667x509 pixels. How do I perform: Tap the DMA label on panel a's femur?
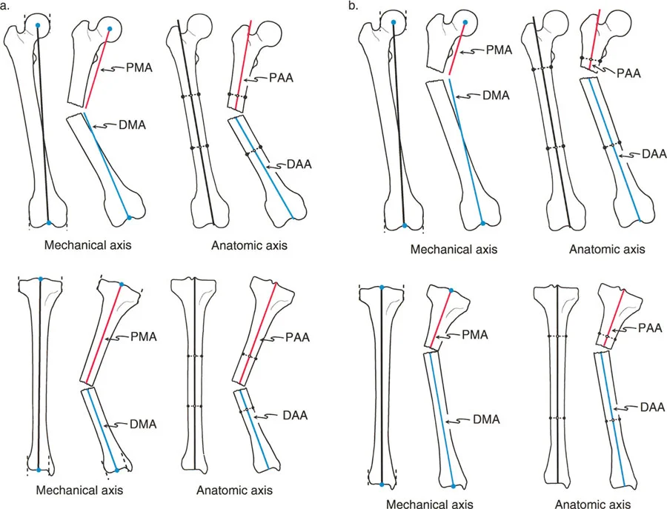click(133, 125)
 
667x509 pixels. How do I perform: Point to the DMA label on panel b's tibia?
click(485, 421)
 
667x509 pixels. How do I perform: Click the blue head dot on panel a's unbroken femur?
click(38, 26)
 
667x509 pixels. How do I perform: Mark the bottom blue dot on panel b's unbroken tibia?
click(381, 485)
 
